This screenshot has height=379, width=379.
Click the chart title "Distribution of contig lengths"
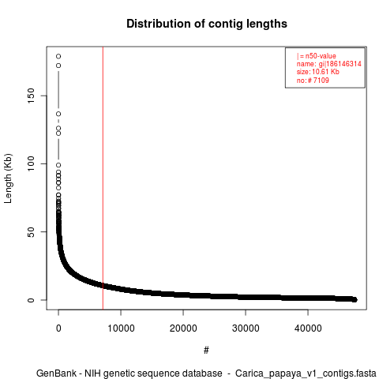coord(207,24)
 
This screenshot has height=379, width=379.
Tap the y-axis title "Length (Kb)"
coord(8,178)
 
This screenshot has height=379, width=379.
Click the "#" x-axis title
coord(206,351)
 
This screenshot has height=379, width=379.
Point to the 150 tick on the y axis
coord(31,96)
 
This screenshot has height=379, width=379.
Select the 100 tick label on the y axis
coord(31,163)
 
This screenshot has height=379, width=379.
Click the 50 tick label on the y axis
coord(31,231)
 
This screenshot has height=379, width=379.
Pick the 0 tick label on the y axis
coord(31,300)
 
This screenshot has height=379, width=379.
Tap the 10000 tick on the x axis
coord(121,328)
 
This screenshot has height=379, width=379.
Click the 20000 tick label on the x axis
coord(183,328)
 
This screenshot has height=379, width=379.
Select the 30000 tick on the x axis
coord(246,328)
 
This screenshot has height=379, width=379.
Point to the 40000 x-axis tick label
coord(308,328)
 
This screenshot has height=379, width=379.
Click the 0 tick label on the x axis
coord(58,328)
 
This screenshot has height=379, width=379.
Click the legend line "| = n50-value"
coord(317,56)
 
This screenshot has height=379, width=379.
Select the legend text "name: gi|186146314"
coord(329,64)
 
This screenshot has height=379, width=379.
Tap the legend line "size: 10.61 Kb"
coord(318,72)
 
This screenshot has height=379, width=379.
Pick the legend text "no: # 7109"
coord(313,80)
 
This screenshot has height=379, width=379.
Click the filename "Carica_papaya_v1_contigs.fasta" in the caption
coord(306,373)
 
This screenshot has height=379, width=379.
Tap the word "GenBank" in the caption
coord(56,373)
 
